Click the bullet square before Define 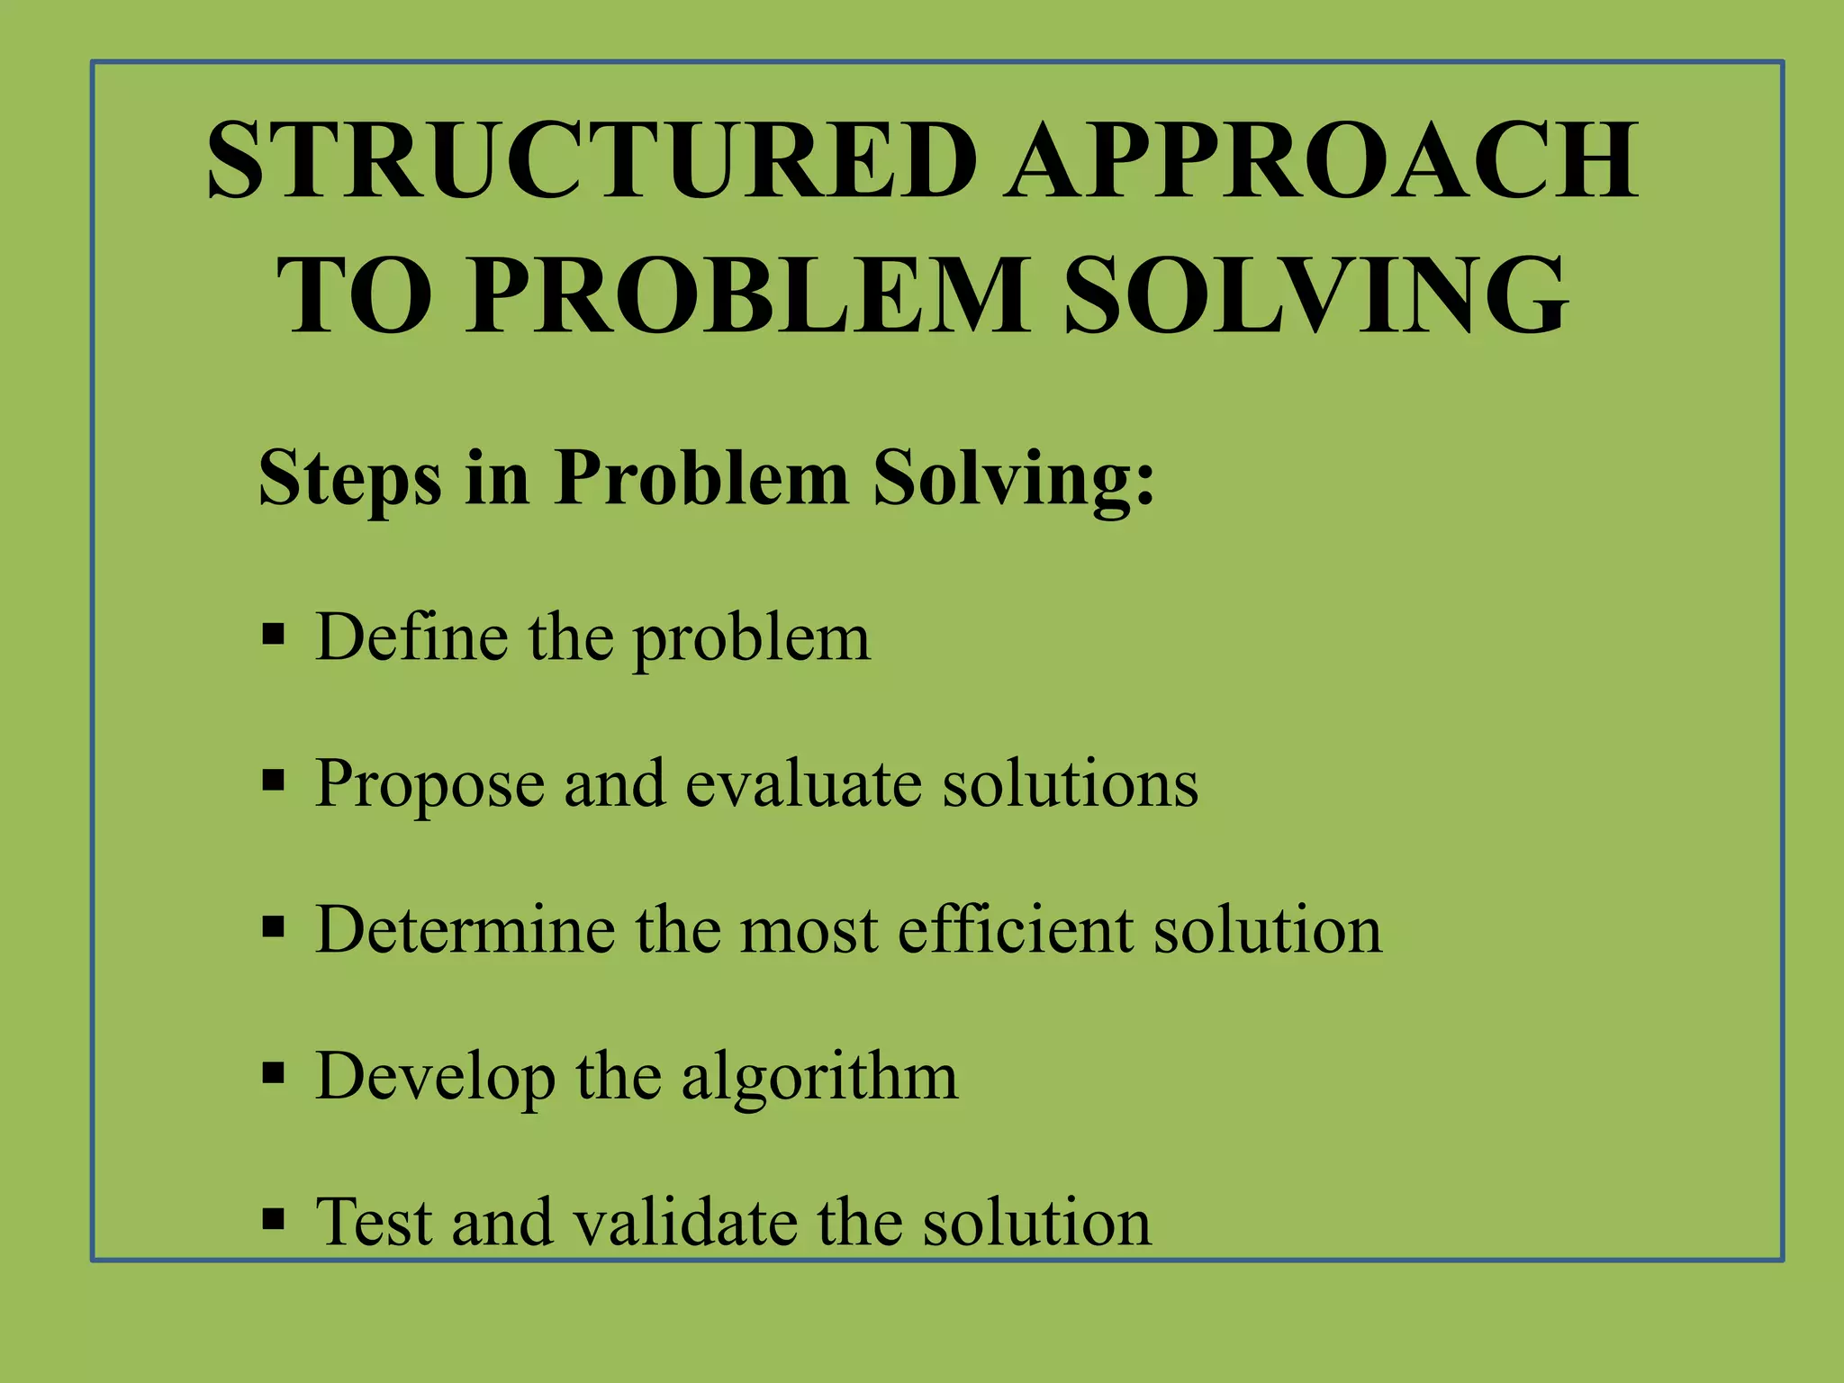pos(273,634)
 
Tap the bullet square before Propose pos(273,780)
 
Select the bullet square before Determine pos(273,927)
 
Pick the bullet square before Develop pos(273,1072)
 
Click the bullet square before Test pos(273,1219)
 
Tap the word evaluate pos(803,783)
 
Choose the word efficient pos(1015,929)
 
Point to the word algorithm pos(819,1077)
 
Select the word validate pos(684,1223)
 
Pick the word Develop pos(436,1077)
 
